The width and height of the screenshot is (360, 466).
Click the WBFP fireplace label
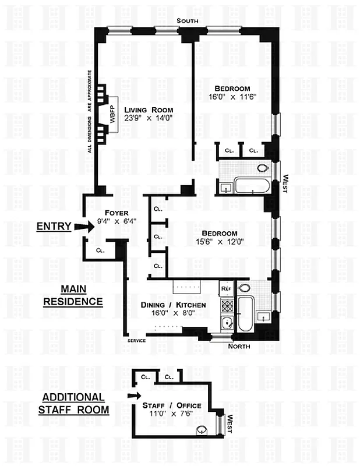pyautogui.click(x=112, y=114)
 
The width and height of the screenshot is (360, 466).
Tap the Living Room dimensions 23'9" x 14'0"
pyautogui.click(x=149, y=118)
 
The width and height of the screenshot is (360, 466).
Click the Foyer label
pyautogui.click(x=117, y=213)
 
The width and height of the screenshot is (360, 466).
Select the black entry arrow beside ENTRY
pyautogui.click(x=84, y=227)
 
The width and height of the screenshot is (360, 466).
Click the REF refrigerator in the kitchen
pyautogui.click(x=226, y=288)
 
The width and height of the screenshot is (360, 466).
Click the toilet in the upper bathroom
pyautogui.click(x=263, y=168)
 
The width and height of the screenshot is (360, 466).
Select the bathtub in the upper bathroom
pyautogui.click(x=252, y=185)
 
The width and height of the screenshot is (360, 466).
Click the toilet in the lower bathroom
pyautogui.click(x=244, y=287)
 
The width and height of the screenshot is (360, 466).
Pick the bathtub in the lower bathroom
pyautogui.click(x=246, y=314)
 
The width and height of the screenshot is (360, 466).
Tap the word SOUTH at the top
pyautogui.click(x=188, y=21)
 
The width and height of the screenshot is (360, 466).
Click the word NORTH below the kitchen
pyautogui.click(x=239, y=346)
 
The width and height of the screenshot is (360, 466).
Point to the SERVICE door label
pyautogui.click(x=137, y=341)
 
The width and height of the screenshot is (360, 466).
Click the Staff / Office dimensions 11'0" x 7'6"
pyautogui.click(x=171, y=414)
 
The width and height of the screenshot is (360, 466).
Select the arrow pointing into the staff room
pyautogui.click(x=134, y=396)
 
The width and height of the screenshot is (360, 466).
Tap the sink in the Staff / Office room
pyautogui.click(x=202, y=430)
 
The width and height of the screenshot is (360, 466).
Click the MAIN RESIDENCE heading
pyautogui.click(x=73, y=295)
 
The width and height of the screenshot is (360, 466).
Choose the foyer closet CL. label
pyautogui.click(x=100, y=250)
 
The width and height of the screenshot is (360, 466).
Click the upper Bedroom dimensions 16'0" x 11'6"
pyautogui.click(x=232, y=97)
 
